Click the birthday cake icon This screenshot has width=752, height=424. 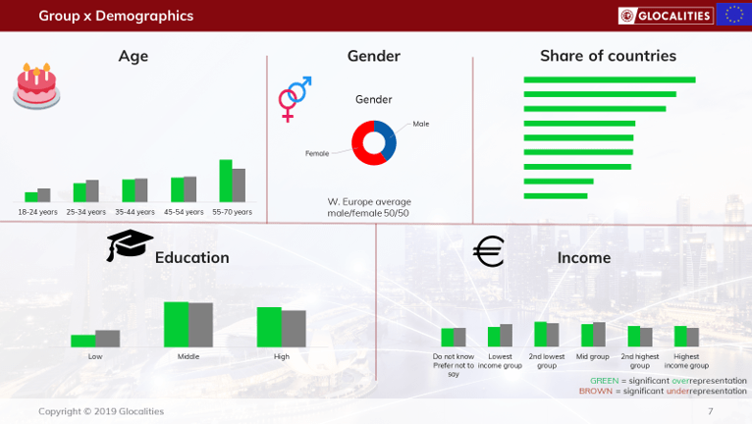[36, 86]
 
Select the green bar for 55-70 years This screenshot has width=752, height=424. [226, 181]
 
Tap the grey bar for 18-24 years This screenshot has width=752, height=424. [44, 194]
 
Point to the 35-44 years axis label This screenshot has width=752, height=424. [134, 212]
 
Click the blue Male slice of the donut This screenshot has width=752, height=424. [388, 138]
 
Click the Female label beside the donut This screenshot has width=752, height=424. [317, 153]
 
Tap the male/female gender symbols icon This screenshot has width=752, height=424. [294, 99]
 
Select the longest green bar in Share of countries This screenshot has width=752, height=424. [610, 79]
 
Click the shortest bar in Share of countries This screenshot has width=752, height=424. [556, 195]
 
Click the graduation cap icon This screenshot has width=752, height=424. [130, 244]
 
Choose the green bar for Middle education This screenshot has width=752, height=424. [176, 324]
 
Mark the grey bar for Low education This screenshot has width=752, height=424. [107, 339]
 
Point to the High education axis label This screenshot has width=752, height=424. [282, 356]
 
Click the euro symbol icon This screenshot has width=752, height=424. [489, 251]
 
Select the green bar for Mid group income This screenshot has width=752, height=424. [587, 336]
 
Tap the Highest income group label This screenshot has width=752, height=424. [686, 361]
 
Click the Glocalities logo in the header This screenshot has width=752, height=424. [666, 16]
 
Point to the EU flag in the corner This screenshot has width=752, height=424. [733, 15]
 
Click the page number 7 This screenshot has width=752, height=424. [710, 411]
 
